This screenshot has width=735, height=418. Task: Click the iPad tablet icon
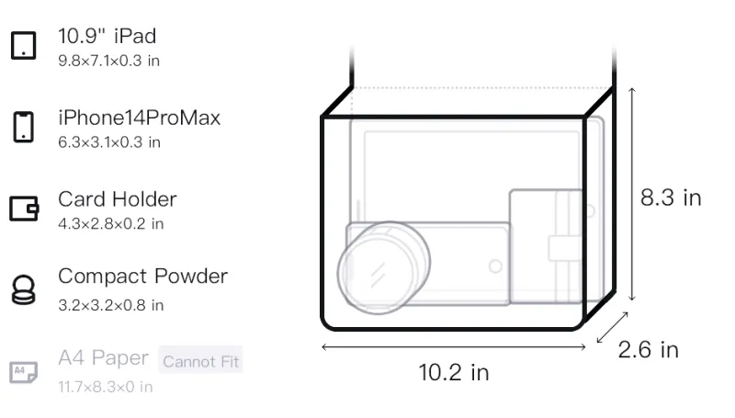pos(24,45)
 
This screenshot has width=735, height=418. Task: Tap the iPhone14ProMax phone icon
pos(24,127)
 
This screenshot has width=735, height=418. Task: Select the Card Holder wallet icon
pos(24,208)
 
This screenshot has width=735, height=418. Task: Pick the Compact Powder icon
pos(24,290)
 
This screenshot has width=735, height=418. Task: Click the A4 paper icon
pos(24,372)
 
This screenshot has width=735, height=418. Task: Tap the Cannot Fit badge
pos(200,360)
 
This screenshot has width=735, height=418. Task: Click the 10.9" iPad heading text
pos(107,36)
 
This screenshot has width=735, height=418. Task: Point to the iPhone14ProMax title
pos(140,118)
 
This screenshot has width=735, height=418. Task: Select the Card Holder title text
pos(118,199)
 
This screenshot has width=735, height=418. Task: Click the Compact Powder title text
pos(142,277)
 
